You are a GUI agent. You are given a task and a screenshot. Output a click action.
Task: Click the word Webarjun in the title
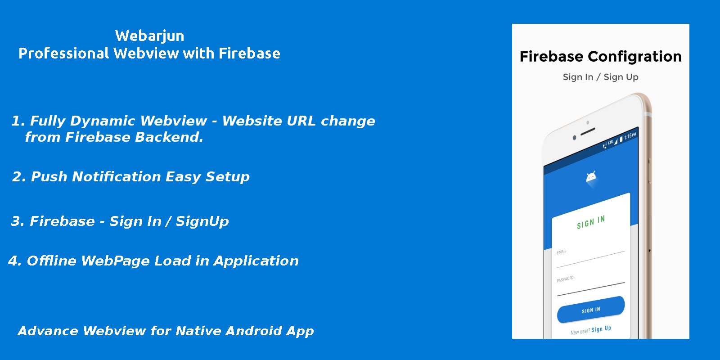pos(150,36)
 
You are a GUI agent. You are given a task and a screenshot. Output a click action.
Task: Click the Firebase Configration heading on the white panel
pos(600,57)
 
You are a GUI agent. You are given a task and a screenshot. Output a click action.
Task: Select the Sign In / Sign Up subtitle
pos(600,77)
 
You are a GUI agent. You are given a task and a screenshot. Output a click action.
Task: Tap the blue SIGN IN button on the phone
pos(591,310)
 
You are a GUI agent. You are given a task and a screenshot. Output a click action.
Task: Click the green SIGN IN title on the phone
pos(591,222)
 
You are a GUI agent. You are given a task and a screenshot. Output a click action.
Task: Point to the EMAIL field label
pos(562,252)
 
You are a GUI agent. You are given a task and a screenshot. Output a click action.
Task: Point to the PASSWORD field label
pos(565,279)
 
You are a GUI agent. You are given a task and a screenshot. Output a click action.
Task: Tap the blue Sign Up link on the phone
pos(601,329)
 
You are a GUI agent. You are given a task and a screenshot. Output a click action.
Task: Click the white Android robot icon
pos(591,177)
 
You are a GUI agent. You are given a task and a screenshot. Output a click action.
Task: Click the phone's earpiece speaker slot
pos(588,131)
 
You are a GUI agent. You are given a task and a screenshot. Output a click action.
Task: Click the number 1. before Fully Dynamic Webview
pos(18,121)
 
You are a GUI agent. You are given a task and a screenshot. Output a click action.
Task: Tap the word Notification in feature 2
pos(117,177)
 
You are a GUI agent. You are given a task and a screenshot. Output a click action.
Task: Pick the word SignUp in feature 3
pos(202,222)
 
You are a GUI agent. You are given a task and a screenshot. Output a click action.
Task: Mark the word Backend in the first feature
pos(169,137)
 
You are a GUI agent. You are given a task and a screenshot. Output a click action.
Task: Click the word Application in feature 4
pos(256,261)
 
